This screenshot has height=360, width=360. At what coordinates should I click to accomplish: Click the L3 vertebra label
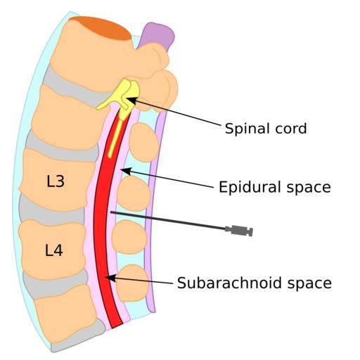point(56,181)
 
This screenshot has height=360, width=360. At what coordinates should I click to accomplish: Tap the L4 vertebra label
point(53,250)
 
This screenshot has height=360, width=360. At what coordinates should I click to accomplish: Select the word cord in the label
point(291,129)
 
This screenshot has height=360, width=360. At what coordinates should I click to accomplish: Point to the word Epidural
point(250,187)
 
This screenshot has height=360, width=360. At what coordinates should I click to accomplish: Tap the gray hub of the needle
point(239,230)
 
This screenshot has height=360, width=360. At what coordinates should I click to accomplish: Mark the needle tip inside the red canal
point(111,212)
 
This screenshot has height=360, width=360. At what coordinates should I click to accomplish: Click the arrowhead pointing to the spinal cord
point(131,101)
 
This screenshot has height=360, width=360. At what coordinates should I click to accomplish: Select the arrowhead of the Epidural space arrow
point(125,171)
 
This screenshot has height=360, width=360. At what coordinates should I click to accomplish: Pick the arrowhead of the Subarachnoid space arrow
point(110,278)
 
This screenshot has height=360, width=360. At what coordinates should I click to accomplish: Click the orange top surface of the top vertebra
point(101,27)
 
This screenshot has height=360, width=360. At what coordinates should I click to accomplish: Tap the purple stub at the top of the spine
point(157,35)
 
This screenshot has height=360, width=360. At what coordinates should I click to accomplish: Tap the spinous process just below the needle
point(129,237)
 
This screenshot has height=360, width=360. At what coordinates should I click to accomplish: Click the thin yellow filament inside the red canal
point(115,139)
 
